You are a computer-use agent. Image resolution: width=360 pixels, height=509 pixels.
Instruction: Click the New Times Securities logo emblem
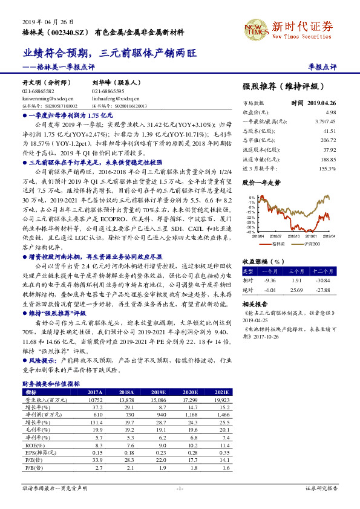(255, 29)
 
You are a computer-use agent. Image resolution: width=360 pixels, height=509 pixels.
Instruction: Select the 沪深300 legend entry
(310, 242)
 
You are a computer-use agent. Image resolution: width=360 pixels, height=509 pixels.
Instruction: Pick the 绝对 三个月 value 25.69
(303, 290)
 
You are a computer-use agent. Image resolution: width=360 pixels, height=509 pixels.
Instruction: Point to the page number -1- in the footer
(180, 488)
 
